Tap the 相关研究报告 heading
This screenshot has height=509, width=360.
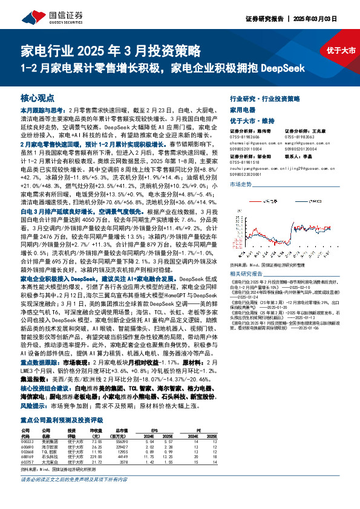244,273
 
